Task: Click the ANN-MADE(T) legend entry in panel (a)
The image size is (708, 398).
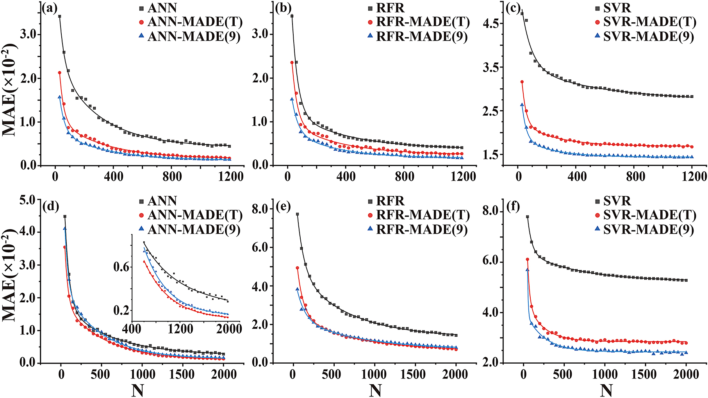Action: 194,22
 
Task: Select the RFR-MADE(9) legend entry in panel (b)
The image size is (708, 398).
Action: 421,36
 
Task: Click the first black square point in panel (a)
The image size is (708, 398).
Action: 60,16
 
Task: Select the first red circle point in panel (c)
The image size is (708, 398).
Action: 522,82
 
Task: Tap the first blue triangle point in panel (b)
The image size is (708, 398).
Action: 292,99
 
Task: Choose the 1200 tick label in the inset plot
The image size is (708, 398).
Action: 180,329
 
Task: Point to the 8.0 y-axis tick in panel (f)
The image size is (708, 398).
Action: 491,211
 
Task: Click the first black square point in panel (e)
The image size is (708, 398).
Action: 297,214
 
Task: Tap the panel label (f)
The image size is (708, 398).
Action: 512,205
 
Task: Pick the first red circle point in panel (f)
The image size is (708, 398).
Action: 528,259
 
